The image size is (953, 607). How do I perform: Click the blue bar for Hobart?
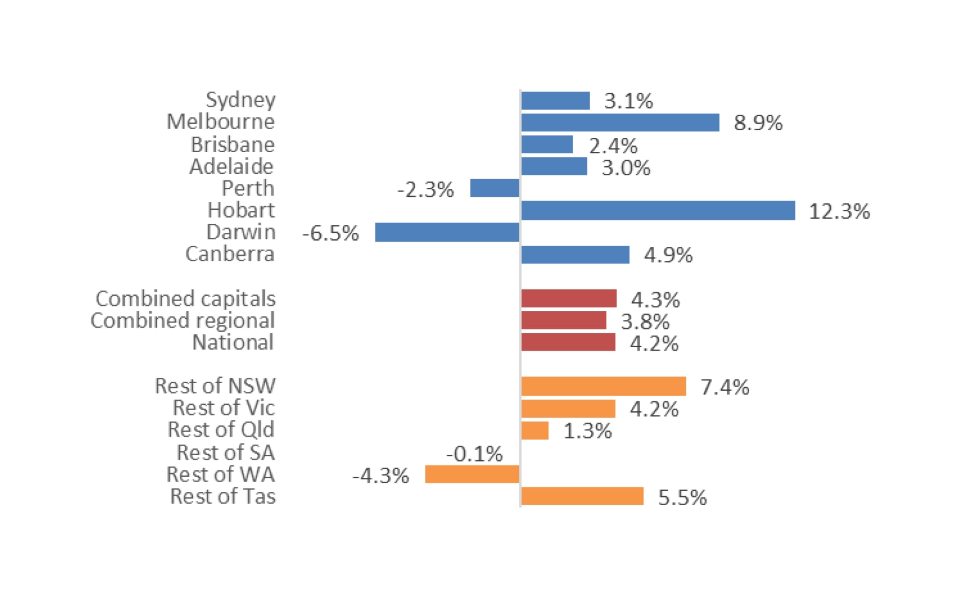click(x=658, y=210)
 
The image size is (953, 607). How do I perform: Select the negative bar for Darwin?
click(x=447, y=232)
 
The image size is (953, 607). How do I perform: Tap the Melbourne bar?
click(x=620, y=123)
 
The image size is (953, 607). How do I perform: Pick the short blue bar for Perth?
click(x=494, y=189)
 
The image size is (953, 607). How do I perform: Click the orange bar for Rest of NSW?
click(x=603, y=387)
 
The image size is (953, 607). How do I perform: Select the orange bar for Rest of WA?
click(x=472, y=474)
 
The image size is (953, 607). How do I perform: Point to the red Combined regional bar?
click(x=563, y=321)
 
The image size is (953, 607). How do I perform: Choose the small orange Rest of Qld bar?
click(x=535, y=431)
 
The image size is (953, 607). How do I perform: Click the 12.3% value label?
click(x=839, y=211)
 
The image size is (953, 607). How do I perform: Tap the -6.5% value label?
click(x=330, y=233)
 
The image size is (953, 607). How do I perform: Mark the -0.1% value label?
click(x=474, y=454)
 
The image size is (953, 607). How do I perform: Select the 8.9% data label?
click(x=758, y=123)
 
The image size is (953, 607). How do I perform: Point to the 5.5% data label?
click(x=682, y=497)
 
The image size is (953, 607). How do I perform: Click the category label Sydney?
click(x=240, y=100)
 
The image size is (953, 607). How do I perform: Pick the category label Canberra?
click(x=230, y=254)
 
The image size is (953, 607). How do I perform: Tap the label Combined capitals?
click(x=185, y=299)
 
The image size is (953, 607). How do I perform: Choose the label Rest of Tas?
click(x=222, y=496)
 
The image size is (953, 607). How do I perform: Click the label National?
click(x=233, y=342)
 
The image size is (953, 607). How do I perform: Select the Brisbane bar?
click(x=547, y=144)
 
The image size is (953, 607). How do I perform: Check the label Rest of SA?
click(x=225, y=453)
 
